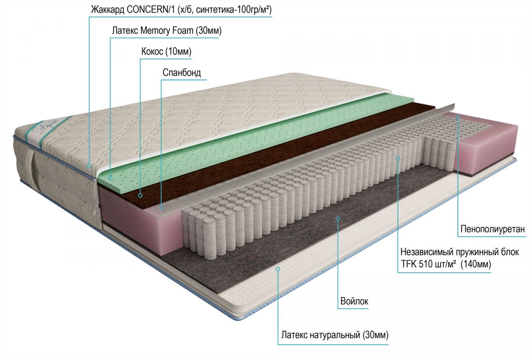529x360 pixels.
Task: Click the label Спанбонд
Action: pyautogui.click(x=182, y=72)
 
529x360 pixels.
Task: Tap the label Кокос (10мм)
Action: pyautogui.click(x=166, y=51)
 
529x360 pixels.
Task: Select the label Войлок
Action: pyautogui.click(x=354, y=301)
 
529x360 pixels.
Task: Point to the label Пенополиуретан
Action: pyautogui.click(x=493, y=229)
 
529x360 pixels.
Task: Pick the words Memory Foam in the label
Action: pyautogui.click(x=167, y=30)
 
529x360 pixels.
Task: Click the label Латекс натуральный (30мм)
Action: pyautogui.click(x=335, y=335)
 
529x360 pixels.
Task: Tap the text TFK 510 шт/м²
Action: pyautogui.click(x=428, y=264)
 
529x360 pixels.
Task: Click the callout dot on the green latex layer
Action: pyautogui.click(x=110, y=178)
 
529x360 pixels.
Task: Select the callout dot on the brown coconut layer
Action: pyautogui.click(x=140, y=195)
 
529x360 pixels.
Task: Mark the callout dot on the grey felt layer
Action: pyautogui.click(x=338, y=218)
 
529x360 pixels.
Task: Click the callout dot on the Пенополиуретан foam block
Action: pyautogui.click(x=458, y=117)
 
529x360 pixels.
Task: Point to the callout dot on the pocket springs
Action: pyautogui.click(x=398, y=158)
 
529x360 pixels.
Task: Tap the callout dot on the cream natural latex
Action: pyautogui.click(x=278, y=269)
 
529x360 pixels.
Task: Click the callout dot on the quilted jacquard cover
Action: pyautogui.click(x=89, y=166)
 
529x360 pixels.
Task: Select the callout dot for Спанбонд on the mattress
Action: pyautogui.click(x=161, y=207)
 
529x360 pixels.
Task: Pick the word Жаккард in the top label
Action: pyautogui.click(x=108, y=10)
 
